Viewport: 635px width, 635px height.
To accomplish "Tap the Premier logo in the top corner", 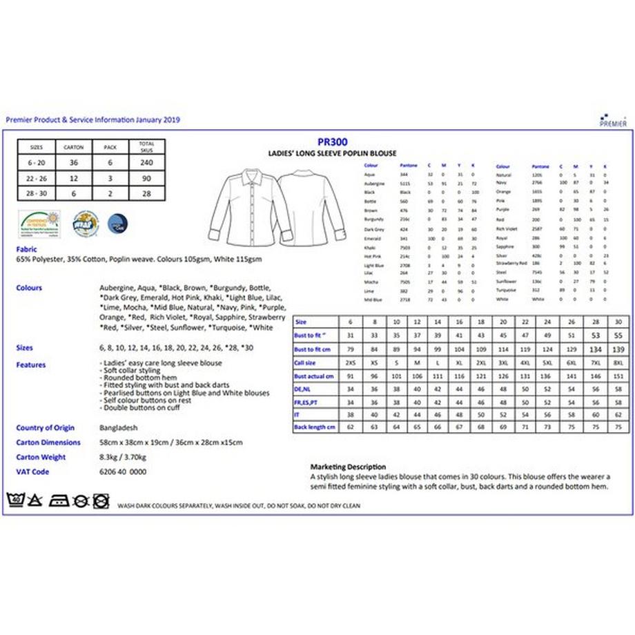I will [x=612, y=121].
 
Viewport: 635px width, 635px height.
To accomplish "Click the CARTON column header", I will [x=74, y=147].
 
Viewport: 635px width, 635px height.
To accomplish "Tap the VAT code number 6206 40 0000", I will [x=123, y=471].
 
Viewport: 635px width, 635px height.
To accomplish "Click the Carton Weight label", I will [x=41, y=457].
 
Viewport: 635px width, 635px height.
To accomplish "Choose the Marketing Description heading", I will [x=348, y=467].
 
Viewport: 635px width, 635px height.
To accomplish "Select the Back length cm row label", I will [x=315, y=427].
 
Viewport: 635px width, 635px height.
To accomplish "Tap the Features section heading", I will [x=31, y=364].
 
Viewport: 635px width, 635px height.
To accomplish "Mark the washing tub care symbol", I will [x=14, y=500].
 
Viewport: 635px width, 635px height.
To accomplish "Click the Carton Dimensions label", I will [x=48, y=442].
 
